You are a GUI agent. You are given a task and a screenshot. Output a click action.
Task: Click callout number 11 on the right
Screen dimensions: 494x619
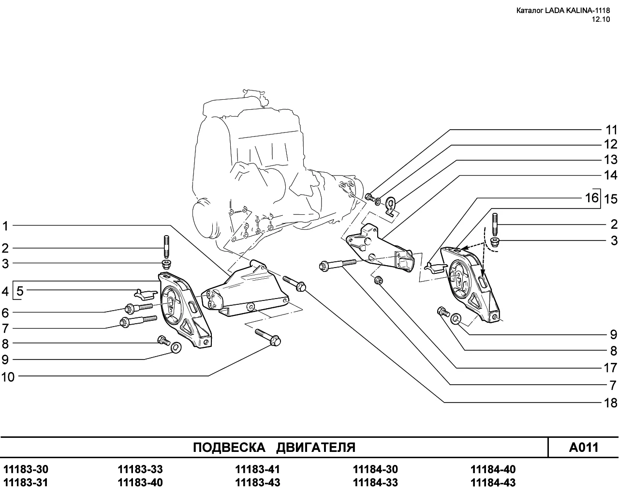(611, 130)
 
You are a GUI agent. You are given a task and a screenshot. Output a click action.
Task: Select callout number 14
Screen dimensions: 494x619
(611, 175)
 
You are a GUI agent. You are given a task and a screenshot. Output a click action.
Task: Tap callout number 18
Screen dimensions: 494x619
(611, 403)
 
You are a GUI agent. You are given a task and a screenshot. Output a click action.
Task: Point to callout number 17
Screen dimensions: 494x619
(611, 368)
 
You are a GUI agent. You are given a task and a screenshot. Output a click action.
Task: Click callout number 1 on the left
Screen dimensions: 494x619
(5, 225)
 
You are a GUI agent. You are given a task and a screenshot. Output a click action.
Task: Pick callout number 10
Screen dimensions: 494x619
(8, 376)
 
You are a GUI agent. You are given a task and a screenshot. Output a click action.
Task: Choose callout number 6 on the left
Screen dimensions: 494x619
(5, 313)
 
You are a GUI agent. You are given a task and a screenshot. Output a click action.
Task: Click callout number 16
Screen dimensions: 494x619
(591, 198)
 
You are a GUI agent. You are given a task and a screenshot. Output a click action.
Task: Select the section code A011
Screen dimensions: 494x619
(584, 447)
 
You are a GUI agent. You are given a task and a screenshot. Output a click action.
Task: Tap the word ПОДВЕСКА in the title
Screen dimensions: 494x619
(229, 447)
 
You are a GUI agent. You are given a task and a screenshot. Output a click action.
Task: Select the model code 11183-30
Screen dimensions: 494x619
(26, 469)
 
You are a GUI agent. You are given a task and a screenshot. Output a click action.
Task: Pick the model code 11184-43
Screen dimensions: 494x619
(493, 482)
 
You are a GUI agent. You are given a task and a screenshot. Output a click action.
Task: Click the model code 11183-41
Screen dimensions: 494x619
(257, 469)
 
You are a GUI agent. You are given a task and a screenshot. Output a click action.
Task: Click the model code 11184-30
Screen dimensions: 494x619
(375, 469)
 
